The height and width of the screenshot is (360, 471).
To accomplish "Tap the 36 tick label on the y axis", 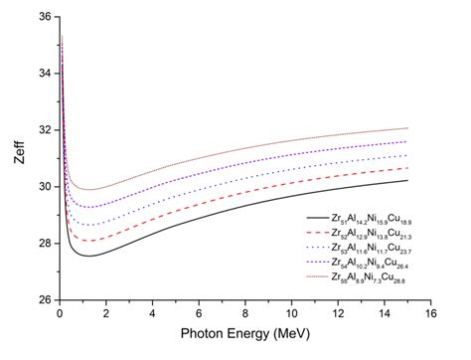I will click(43, 17).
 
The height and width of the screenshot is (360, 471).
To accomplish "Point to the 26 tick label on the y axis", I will click(43, 298).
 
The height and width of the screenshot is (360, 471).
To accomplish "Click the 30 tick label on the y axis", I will click(43, 186).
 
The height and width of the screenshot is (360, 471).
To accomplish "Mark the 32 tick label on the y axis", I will click(43, 129).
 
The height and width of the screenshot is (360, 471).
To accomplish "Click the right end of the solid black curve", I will click(407, 180).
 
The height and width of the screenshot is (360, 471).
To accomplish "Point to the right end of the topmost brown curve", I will click(407, 127).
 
